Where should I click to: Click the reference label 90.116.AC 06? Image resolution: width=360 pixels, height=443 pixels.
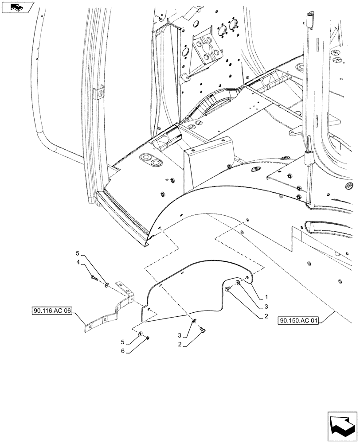[x=52, y=311]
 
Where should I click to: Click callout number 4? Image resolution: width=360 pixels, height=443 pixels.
[x=78, y=263]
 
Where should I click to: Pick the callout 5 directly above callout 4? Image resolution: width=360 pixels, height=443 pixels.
[x=78, y=254]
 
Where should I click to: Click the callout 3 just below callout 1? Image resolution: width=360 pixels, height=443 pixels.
[x=266, y=306]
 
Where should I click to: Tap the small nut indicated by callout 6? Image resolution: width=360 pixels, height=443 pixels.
[x=148, y=338]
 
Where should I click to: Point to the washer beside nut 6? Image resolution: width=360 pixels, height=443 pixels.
[x=141, y=334]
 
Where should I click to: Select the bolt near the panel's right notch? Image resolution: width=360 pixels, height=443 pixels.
[x=228, y=289]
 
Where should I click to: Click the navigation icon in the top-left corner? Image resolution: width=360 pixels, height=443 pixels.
[x=17, y=7]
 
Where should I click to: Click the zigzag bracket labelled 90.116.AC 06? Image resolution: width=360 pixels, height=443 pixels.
[x=106, y=310]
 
